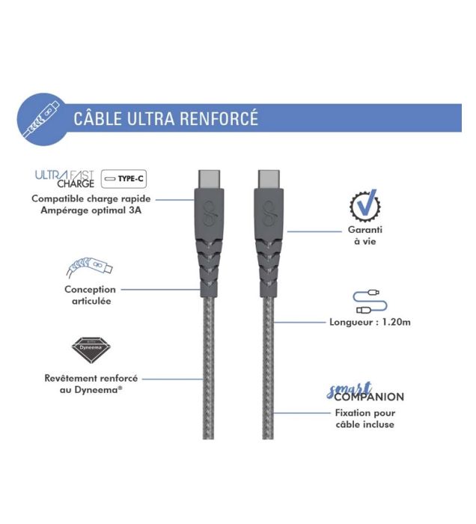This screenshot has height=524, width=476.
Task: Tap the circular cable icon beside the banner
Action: point(43,119)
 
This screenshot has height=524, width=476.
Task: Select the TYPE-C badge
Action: point(124,179)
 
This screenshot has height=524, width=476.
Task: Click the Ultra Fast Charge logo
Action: point(65,179)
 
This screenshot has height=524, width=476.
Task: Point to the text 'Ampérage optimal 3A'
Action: point(91,210)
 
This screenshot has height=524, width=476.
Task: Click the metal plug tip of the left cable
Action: point(209,180)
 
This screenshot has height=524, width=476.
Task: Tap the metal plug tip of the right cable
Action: point(269,180)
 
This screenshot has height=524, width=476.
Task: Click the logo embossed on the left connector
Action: point(210,213)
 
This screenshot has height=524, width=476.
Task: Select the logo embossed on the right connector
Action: point(269,213)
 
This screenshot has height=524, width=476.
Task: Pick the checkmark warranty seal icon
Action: point(364,206)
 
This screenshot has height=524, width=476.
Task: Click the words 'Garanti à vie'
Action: point(365,235)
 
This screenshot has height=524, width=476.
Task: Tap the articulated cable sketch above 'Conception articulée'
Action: point(89,267)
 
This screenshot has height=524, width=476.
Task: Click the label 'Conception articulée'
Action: point(91,295)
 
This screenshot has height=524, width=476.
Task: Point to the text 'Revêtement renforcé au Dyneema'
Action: point(91,384)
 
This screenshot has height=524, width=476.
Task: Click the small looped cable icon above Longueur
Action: point(370,302)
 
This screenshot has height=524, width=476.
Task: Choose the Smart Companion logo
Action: point(365,392)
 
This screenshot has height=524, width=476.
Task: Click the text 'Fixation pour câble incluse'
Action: point(365,418)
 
